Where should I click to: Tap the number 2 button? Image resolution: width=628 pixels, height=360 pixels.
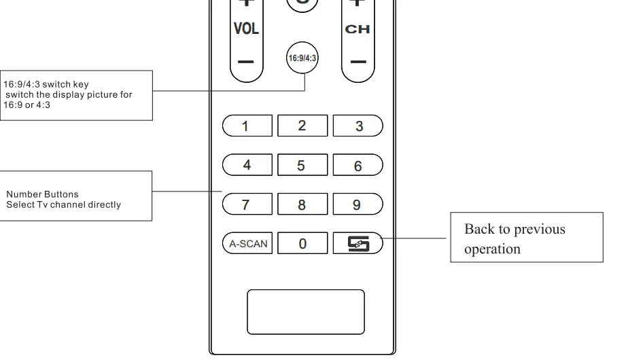[302, 126]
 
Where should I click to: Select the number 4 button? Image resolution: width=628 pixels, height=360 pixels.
[247, 165]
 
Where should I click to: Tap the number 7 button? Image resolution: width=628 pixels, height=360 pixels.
[247, 204]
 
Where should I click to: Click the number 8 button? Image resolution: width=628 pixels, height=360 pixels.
[302, 204]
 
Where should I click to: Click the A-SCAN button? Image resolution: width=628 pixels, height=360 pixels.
[247, 243]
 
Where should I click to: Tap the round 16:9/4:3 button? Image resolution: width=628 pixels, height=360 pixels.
[302, 58]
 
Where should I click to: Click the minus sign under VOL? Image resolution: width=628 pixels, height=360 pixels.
[246, 62]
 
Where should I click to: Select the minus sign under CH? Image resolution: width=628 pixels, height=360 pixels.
[358, 62]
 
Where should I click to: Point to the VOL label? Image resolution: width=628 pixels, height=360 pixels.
[246, 29]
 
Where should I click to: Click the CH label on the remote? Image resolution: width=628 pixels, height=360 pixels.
[357, 29]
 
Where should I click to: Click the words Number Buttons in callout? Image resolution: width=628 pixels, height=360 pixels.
[42, 195]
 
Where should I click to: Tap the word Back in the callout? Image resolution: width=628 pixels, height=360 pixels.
[478, 229]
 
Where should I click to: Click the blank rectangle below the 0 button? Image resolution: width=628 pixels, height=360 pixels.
[305, 312]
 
